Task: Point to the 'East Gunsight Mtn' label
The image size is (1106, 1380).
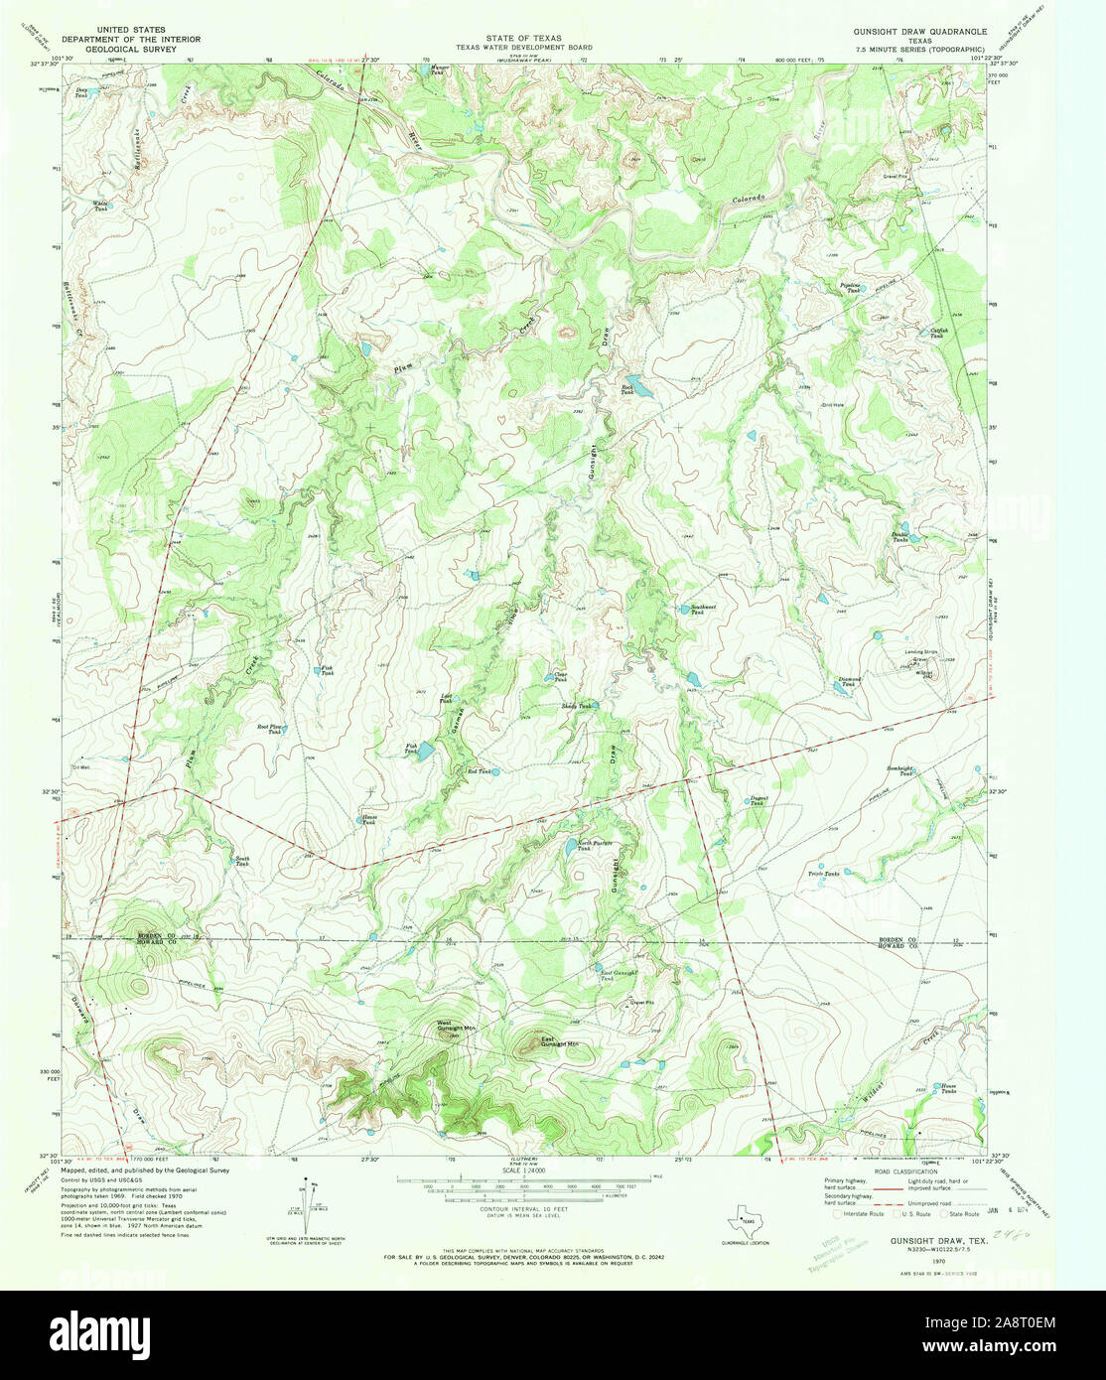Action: [x=559, y=1042]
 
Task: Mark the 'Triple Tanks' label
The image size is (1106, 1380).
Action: [x=823, y=874]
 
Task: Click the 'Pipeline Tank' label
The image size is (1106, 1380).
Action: [x=849, y=288]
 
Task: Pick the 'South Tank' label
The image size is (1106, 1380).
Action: [x=241, y=861]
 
